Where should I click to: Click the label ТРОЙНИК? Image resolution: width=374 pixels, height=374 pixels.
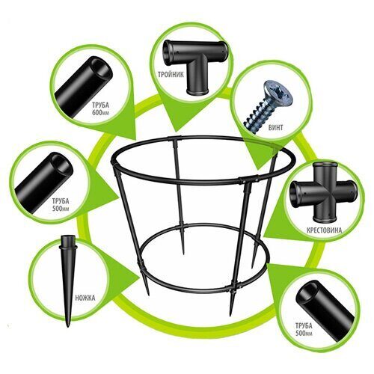coord(171,74)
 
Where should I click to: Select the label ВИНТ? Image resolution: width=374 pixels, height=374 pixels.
coord(275,127)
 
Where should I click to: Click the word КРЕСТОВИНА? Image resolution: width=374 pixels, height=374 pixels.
coord(324,230)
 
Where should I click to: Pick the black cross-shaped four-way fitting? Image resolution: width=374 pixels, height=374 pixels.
coord(322,192)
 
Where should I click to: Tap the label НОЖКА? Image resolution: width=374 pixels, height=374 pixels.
coord(85,298)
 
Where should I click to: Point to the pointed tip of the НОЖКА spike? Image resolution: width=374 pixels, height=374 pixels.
coord(68,326)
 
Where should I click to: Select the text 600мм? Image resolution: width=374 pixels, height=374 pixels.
coord(101,112)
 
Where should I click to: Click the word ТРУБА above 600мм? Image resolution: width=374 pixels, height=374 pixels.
coord(101,105)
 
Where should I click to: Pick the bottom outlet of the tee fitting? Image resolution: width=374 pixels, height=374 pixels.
coord(197,91)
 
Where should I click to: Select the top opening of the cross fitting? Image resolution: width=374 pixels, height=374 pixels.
coord(322,165)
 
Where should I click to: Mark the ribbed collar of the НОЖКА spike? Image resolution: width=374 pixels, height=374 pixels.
coord(67,248)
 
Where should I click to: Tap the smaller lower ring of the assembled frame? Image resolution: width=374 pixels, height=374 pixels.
coord(203,290)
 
